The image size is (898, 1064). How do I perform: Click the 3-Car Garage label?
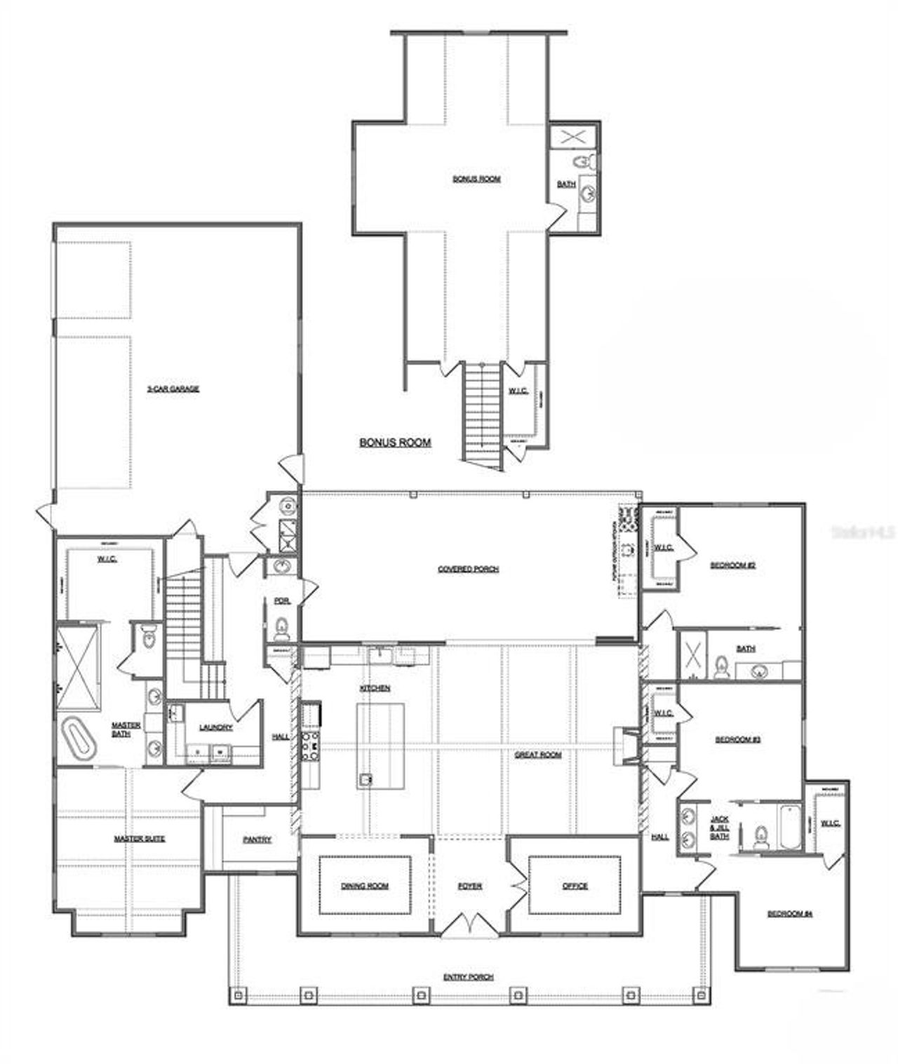(x=173, y=389)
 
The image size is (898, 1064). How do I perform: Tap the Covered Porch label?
(x=468, y=569)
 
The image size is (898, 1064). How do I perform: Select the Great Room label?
(x=538, y=755)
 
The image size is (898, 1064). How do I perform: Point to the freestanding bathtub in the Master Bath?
(x=79, y=737)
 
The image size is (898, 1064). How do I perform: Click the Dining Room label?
(x=365, y=886)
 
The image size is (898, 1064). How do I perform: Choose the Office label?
(x=575, y=886)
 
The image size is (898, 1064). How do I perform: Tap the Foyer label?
(x=469, y=886)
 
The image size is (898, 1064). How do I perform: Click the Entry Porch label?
(x=468, y=977)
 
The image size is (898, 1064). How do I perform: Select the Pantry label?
(x=257, y=840)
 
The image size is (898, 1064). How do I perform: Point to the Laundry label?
(x=215, y=727)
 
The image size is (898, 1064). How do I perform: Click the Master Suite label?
(x=140, y=839)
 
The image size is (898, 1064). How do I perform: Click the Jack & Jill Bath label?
(x=719, y=828)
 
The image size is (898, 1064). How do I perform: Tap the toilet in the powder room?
(x=281, y=628)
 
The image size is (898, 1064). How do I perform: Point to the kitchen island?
(x=380, y=746)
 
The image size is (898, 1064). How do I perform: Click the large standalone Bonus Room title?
(x=395, y=443)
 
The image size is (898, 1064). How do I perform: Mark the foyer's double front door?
(x=469, y=924)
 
